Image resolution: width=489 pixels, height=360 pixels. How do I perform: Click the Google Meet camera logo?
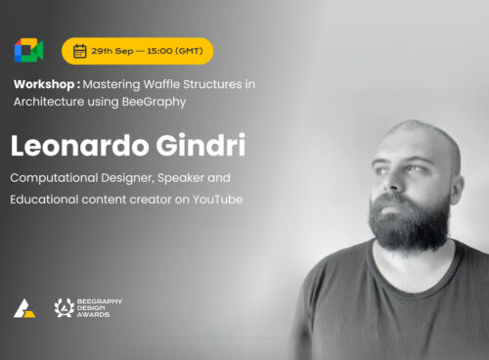[x=28, y=50]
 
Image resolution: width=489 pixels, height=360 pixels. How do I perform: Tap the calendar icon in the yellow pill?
[x=79, y=51]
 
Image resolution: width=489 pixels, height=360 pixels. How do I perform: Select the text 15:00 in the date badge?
[x=159, y=51]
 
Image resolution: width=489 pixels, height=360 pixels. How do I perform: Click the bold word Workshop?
[x=44, y=84]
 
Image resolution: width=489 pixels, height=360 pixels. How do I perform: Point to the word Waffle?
[x=161, y=84]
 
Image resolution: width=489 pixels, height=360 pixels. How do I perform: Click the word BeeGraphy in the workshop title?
[x=154, y=102]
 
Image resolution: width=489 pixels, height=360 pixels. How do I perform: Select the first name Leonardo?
[x=80, y=145]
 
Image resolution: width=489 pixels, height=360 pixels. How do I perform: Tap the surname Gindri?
[x=200, y=145]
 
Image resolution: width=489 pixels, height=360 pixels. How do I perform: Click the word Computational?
[x=54, y=178]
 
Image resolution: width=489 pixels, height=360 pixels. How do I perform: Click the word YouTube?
[x=217, y=200]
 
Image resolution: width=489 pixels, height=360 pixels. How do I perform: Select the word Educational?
[x=44, y=200]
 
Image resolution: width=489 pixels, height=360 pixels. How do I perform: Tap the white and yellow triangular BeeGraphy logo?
[x=24, y=308]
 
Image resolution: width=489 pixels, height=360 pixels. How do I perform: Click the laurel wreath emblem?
[x=65, y=308]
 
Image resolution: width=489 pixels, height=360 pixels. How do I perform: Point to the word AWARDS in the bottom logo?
[x=93, y=315]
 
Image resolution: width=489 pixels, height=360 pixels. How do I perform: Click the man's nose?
[x=392, y=182]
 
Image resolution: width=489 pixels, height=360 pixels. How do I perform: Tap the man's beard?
[x=410, y=222]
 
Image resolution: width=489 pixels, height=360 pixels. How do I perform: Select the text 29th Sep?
[x=112, y=51]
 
